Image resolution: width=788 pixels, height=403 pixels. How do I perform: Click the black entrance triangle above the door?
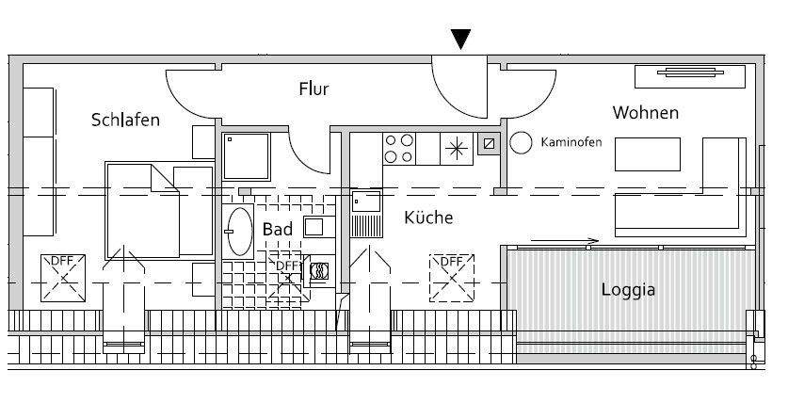(x=460, y=39)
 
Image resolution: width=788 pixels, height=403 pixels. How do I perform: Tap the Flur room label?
(x=314, y=89)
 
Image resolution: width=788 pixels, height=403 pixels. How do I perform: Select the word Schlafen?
(x=125, y=120)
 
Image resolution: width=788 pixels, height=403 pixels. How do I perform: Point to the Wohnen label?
(x=645, y=113)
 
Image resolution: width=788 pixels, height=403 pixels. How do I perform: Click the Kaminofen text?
(x=571, y=143)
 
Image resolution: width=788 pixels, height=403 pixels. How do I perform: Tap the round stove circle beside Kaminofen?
(x=521, y=143)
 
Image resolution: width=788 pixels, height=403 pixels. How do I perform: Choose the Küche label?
(x=428, y=218)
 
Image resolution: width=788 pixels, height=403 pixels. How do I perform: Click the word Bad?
(x=277, y=229)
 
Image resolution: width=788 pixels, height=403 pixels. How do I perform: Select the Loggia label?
(x=628, y=289)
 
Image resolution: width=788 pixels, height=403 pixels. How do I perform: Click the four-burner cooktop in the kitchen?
(x=399, y=148)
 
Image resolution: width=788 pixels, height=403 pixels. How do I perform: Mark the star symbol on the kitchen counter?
(x=456, y=148)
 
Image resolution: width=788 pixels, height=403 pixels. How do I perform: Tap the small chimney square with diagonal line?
(x=488, y=145)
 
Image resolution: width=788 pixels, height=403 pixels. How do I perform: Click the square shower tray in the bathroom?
(x=246, y=154)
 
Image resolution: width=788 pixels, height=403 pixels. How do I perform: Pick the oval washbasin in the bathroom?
(x=239, y=231)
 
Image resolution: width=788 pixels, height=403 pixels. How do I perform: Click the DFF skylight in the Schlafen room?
(x=64, y=277)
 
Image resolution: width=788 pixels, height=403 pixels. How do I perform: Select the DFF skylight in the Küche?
(x=453, y=277)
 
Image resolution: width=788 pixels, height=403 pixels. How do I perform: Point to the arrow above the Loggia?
(x=565, y=241)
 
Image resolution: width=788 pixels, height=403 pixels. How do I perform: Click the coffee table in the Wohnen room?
(x=648, y=153)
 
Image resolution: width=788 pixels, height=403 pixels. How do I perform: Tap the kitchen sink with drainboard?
(x=365, y=214)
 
